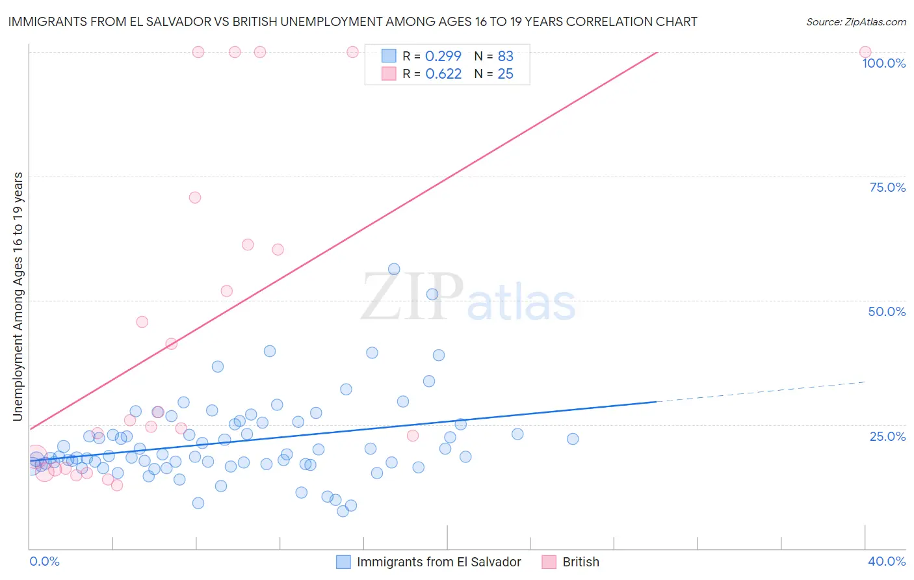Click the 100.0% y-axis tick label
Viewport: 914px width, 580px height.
883,63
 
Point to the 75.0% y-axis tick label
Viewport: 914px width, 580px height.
887,187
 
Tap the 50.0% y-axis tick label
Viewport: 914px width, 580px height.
887,311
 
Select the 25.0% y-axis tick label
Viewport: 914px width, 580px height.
887,436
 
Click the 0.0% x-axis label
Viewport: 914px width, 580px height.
44,562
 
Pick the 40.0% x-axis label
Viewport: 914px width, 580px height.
887,562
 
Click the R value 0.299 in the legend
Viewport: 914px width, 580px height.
443,56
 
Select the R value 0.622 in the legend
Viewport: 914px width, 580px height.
443,74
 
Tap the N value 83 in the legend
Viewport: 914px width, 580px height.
505,56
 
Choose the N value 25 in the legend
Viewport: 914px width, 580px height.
505,74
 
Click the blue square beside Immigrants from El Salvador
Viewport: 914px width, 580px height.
343,562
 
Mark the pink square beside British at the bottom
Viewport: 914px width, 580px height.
549,562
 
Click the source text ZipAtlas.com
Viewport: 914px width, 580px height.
855,22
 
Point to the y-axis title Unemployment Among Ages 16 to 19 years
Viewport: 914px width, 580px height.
18,297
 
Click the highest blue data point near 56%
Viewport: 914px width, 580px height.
394,269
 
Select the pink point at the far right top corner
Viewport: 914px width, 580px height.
865,52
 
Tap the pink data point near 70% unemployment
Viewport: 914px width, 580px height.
195,198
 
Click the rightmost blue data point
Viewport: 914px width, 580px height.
573,439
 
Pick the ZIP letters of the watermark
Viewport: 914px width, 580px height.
412,297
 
